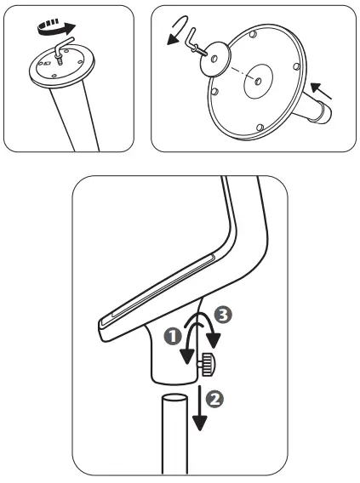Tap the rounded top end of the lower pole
(175, 401)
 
